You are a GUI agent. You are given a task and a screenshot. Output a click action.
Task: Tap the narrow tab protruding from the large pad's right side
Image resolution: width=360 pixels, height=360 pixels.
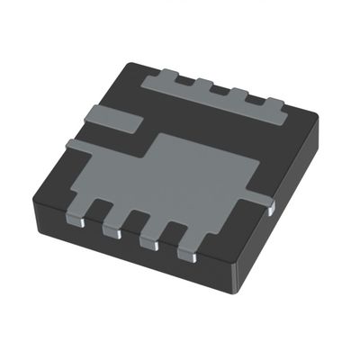[259, 195]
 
